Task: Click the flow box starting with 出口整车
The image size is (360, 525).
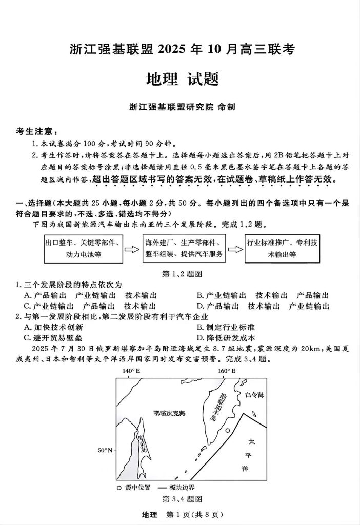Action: pos(84,249)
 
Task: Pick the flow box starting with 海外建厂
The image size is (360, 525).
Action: pos(184,249)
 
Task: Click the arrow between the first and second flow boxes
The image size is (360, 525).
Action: pos(132,249)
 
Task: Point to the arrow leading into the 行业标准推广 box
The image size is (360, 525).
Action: pos(235,249)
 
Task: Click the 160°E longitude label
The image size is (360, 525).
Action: pos(226,371)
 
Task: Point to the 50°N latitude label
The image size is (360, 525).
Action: pos(105,450)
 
